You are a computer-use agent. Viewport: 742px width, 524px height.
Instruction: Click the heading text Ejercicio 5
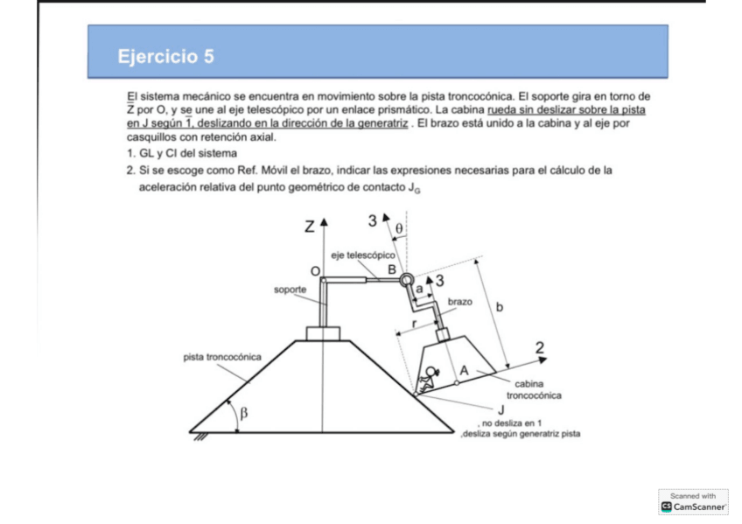[165, 57]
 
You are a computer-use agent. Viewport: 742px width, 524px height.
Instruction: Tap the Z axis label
[310, 227]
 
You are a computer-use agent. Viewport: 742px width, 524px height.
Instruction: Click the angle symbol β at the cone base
[245, 414]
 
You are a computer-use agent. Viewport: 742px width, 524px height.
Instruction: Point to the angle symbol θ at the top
[399, 228]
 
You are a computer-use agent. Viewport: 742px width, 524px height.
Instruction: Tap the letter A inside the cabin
[465, 372]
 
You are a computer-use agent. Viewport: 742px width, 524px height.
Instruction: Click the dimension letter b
[499, 307]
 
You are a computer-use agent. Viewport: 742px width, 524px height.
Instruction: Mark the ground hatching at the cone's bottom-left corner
[199, 437]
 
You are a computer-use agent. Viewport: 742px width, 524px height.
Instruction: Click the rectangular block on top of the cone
[323, 334]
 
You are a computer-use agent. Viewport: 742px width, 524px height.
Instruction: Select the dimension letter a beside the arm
[419, 287]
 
